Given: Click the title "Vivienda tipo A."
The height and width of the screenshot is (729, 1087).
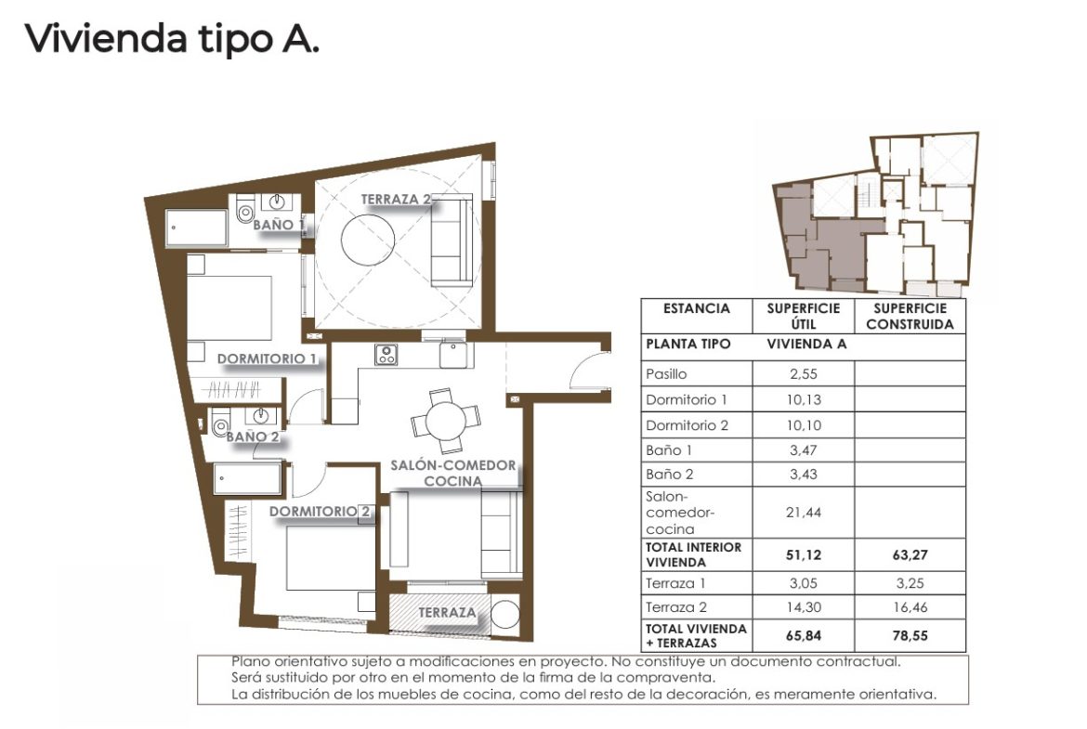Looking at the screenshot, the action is [172, 38].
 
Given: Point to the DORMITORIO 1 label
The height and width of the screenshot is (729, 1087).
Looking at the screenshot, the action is [267, 359].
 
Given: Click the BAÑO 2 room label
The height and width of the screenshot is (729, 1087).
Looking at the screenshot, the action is [253, 436].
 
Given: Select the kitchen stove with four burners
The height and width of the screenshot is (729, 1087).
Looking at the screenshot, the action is [386, 355].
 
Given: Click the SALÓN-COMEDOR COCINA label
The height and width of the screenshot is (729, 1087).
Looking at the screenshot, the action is [452, 474].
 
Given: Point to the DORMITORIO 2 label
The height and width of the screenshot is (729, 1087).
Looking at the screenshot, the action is [320, 512].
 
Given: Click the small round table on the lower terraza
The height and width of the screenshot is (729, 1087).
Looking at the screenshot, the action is [504, 614].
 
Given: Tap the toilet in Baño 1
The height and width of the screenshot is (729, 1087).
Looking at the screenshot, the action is [244, 209].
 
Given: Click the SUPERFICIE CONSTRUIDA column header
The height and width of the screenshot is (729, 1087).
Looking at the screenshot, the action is [910, 316].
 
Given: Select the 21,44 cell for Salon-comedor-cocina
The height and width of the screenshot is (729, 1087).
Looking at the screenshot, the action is [804, 512].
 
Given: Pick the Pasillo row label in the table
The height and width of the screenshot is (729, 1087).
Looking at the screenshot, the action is [666, 374].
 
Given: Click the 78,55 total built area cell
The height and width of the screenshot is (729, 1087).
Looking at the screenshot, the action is [910, 635].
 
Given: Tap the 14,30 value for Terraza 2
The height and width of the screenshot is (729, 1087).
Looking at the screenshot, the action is [804, 607].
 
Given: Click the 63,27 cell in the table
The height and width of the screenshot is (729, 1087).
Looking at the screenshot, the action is [910, 554].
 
